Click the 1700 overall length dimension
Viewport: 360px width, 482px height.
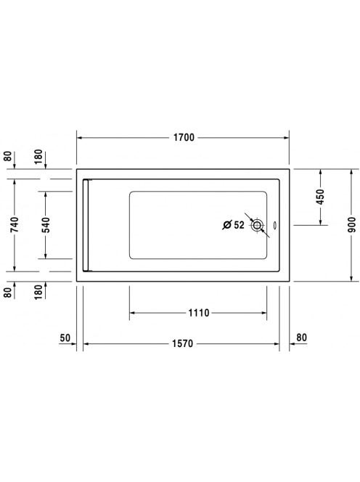click(x=184, y=137)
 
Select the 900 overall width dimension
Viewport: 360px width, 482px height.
click(x=352, y=225)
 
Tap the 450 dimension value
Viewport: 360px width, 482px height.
click(x=320, y=197)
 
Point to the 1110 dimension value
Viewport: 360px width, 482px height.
click(x=199, y=313)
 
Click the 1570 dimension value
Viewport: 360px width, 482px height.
click(x=182, y=343)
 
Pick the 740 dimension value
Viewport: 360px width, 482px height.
click(x=15, y=225)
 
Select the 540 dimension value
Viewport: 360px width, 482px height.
click(x=46, y=225)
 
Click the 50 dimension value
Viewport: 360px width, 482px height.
click(x=65, y=338)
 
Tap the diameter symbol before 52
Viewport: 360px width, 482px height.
click(x=227, y=225)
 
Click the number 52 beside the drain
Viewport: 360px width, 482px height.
click(x=240, y=225)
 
